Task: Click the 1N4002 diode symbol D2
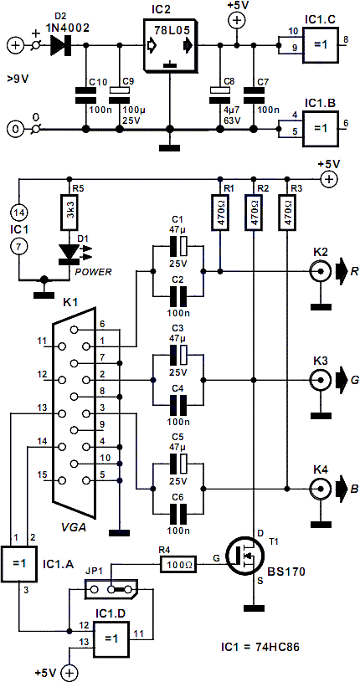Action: [x=61, y=45]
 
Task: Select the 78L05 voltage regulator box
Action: [x=169, y=47]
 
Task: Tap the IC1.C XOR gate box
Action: [x=321, y=44]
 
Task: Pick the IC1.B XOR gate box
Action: [x=321, y=126]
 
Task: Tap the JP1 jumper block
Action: [x=111, y=589]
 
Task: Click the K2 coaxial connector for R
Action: [x=320, y=272]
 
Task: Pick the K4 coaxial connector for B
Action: [x=320, y=488]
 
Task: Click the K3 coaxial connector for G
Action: [x=320, y=380]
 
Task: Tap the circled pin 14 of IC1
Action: [x=18, y=213]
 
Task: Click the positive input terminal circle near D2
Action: [x=15, y=45]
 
